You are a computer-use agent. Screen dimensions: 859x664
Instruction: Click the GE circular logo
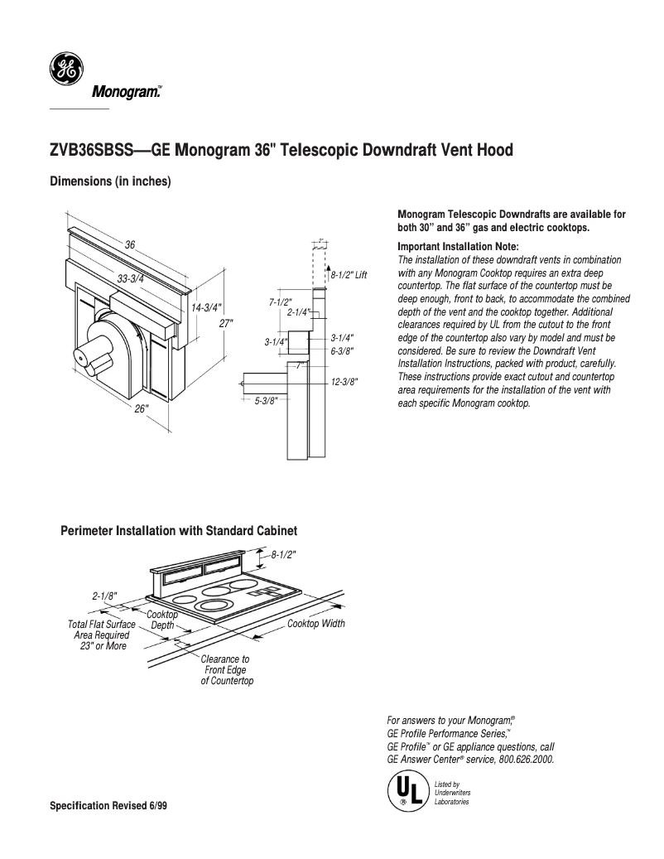65,70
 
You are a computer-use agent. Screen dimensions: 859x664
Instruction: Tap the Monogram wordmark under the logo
125,93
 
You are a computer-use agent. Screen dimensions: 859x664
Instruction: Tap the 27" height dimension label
225,323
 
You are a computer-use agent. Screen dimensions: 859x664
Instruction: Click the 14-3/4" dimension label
206,307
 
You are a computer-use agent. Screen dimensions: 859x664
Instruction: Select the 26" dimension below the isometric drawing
142,408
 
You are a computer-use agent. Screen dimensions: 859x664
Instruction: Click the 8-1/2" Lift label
349,274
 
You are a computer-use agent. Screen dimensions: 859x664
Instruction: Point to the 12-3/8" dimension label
344,382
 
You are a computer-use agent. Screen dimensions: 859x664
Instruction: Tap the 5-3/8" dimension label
266,401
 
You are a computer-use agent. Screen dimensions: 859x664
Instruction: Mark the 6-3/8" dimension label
342,350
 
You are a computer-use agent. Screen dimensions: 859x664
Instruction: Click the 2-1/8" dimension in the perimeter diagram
104,596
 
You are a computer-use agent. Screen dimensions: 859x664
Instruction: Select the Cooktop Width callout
315,624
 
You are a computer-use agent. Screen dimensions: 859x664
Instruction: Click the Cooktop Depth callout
162,620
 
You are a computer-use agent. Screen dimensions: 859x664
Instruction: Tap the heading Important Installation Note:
458,247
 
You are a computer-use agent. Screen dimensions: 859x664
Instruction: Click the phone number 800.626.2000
527,759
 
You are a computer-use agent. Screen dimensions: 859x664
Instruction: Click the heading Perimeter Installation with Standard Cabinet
179,530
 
